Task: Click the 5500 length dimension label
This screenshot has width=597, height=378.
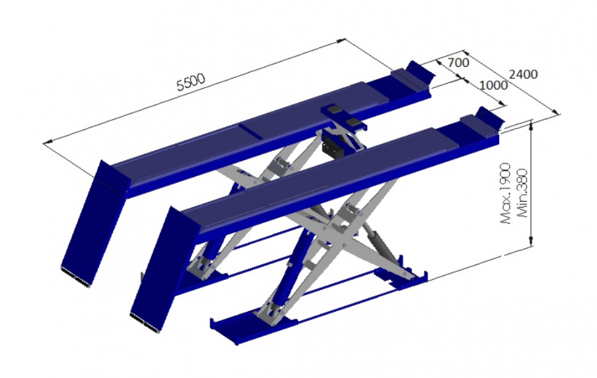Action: click(x=191, y=82)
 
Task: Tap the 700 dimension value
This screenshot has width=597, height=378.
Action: click(x=458, y=62)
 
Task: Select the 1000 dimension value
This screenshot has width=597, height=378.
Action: click(x=493, y=85)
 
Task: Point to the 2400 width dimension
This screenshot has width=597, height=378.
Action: click(x=523, y=74)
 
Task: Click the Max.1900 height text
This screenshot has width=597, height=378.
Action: click(x=506, y=193)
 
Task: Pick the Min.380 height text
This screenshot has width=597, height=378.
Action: click(x=522, y=193)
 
